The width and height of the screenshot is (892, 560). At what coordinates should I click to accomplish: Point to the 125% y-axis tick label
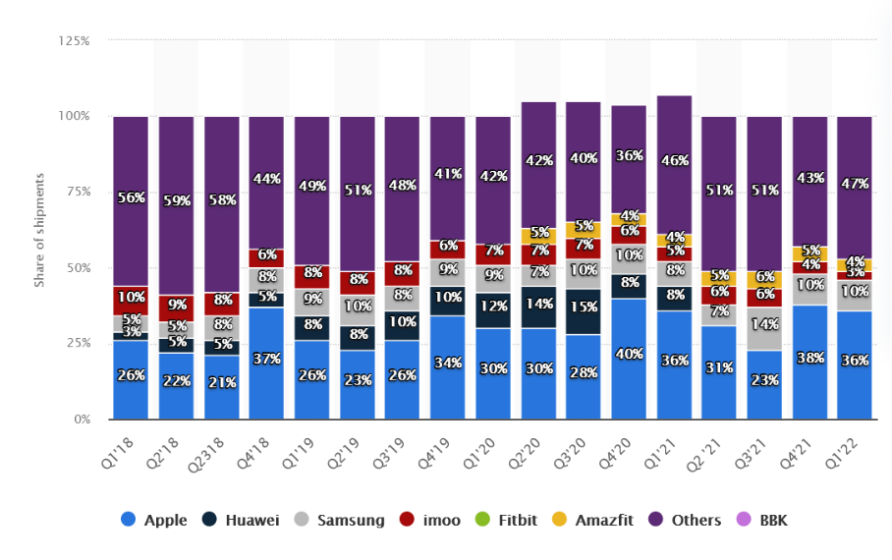pos(75,41)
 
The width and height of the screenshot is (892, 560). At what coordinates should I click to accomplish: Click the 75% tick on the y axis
pos(78,192)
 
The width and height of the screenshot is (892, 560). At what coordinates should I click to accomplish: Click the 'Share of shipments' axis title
pos(40,230)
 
